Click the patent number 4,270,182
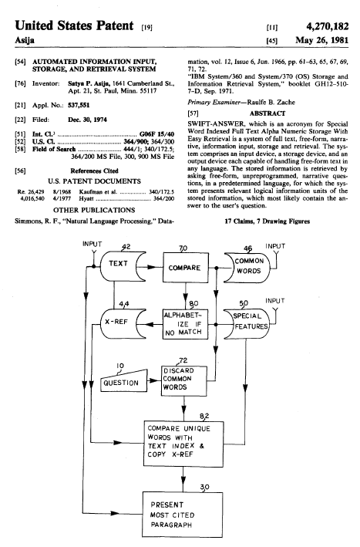click(328, 26)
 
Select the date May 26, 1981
click(321, 40)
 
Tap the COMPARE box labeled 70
click(186, 268)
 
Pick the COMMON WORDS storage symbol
click(247, 268)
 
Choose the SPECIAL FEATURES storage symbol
click(247, 323)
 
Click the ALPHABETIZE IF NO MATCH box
click(185, 324)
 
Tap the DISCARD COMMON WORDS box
click(184, 380)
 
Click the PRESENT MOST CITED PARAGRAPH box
click(182, 515)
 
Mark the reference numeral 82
click(204, 416)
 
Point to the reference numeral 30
click(205, 487)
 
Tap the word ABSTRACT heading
click(267, 113)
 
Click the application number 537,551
click(79, 105)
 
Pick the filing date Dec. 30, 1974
click(87, 120)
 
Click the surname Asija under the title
click(25, 40)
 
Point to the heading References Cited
click(94, 171)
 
